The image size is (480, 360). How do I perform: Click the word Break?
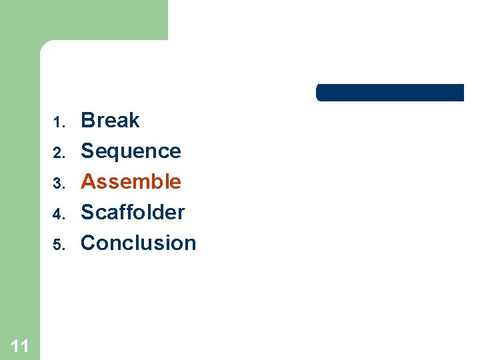pyautogui.click(x=110, y=121)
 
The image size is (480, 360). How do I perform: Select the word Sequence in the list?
pyautogui.click(x=131, y=151)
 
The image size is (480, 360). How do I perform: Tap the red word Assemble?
pyautogui.click(x=131, y=181)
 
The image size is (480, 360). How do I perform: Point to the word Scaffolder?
pyautogui.click(x=133, y=212)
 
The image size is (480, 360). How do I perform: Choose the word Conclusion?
pyautogui.click(x=138, y=243)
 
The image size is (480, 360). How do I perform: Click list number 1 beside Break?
pyautogui.click(x=58, y=123)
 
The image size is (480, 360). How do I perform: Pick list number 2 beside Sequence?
pyautogui.click(x=58, y=153)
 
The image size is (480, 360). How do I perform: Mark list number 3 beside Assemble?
pyautogui.click(x=58, y=183)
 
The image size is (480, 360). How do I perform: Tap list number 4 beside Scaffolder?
pyautogui.click(x=58, y=214)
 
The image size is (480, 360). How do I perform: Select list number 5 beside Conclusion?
pyautogui.click(x=58, y=245)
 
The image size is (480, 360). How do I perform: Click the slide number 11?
pyautogui.click(x=20, y=345)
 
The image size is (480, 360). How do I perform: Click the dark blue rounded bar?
pyautogui.click(x=389, y=93)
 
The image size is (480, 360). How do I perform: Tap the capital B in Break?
pyautogui.click(x=87, y=121)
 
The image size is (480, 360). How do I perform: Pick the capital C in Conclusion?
pyautogui.click(x=88, y=243)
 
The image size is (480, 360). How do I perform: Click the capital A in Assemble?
pyautogui.click(x=87, y=181)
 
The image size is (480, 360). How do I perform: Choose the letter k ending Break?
pyautogui.click(x=134, y=121)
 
